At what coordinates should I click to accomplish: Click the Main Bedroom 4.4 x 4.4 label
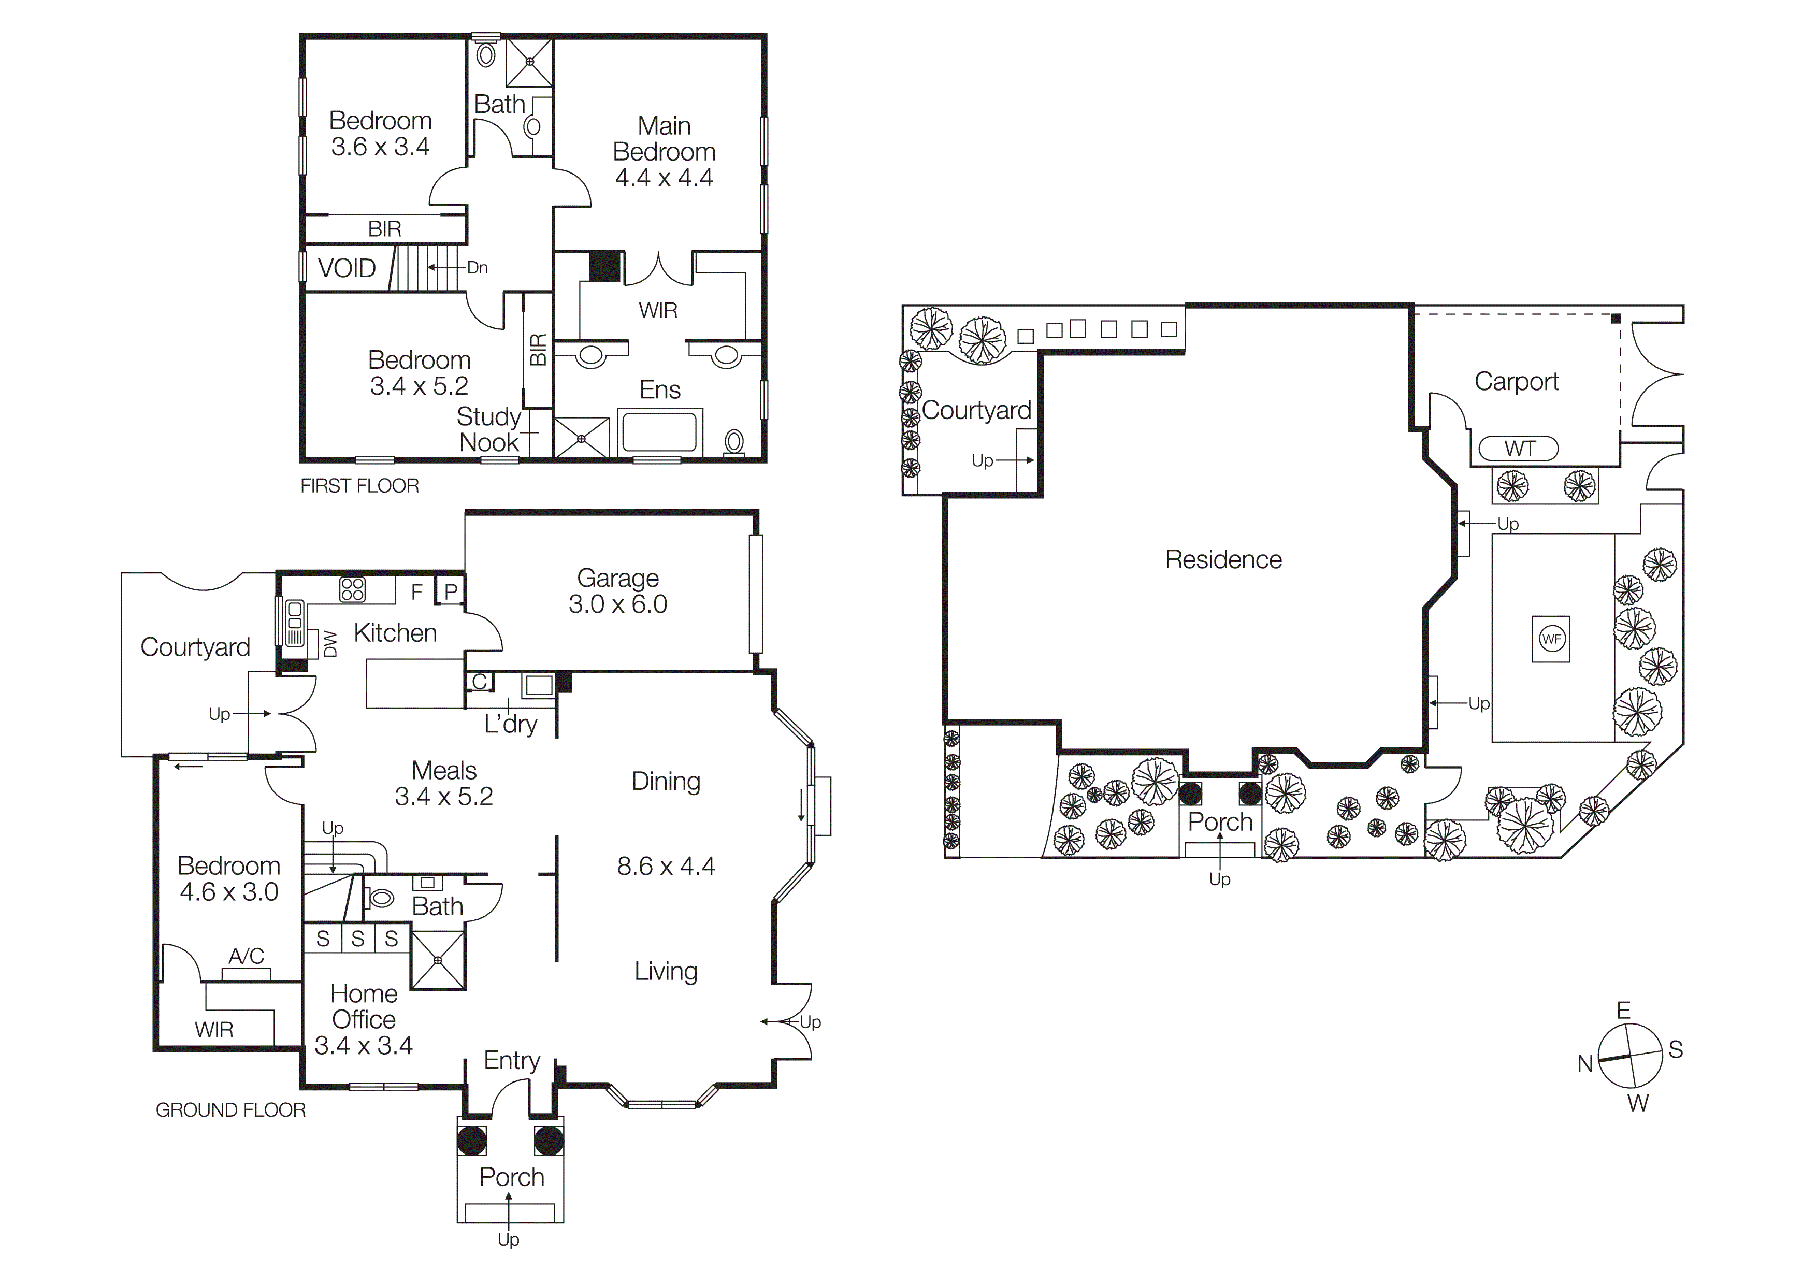[x=664, y=151]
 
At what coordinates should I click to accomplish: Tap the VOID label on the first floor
[x=347, y=268]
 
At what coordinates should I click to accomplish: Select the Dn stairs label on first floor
[x=477, y=267]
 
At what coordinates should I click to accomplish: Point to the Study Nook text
[x=488, y=429]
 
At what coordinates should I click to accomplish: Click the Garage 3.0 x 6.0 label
[x=617, y=591]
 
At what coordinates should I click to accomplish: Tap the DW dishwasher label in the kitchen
[x=331, y=643]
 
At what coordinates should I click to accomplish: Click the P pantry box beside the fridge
[x=450, y=591]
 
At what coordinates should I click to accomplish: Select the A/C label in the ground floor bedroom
[x=246, y=956]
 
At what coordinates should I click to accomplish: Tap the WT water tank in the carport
[x=1519, y=449]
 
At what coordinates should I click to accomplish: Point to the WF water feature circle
[x=1551, y=639]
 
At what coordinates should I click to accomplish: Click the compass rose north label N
[x=1585, y=1064]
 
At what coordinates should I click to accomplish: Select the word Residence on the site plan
[x=1223, y=559]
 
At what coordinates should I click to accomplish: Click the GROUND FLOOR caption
[x=230, y=1110]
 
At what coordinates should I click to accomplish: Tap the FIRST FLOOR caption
[x=359, y=486]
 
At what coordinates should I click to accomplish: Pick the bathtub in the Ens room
[x=659, y=432]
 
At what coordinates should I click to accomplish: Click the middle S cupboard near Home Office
[x=358, y=939]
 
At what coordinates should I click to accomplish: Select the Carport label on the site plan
[x=1516, y=381]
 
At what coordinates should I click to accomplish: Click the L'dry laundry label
[x=510, y=723]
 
